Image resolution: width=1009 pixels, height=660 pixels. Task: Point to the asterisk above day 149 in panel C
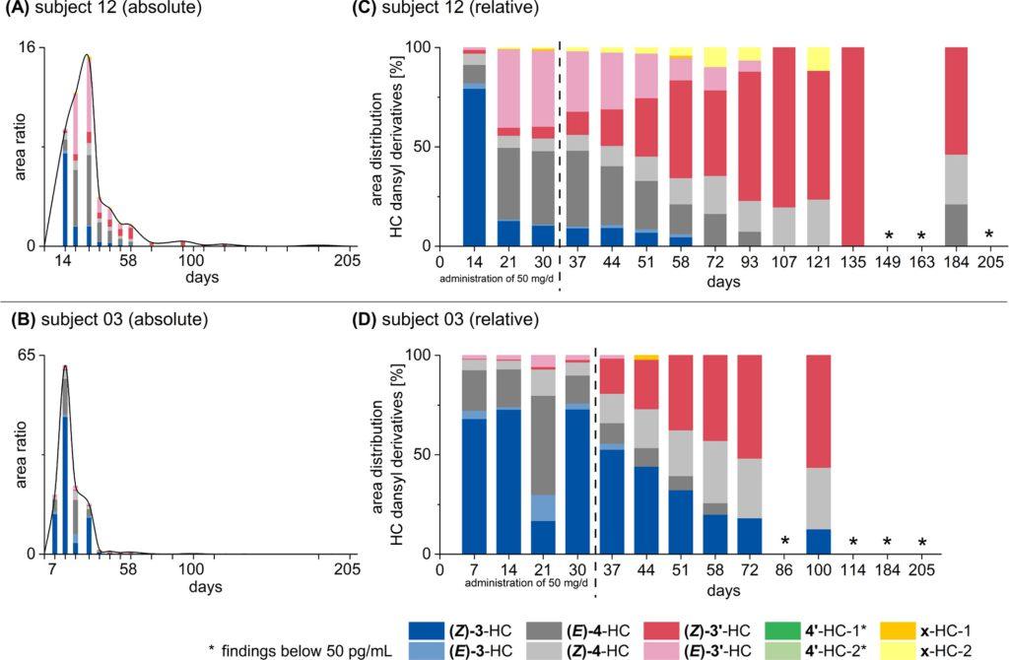click(x=888, y=235)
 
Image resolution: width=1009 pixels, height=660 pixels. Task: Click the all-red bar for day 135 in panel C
click(x=853, y=146)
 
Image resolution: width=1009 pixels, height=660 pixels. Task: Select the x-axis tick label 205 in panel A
click(x=346, y=263)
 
